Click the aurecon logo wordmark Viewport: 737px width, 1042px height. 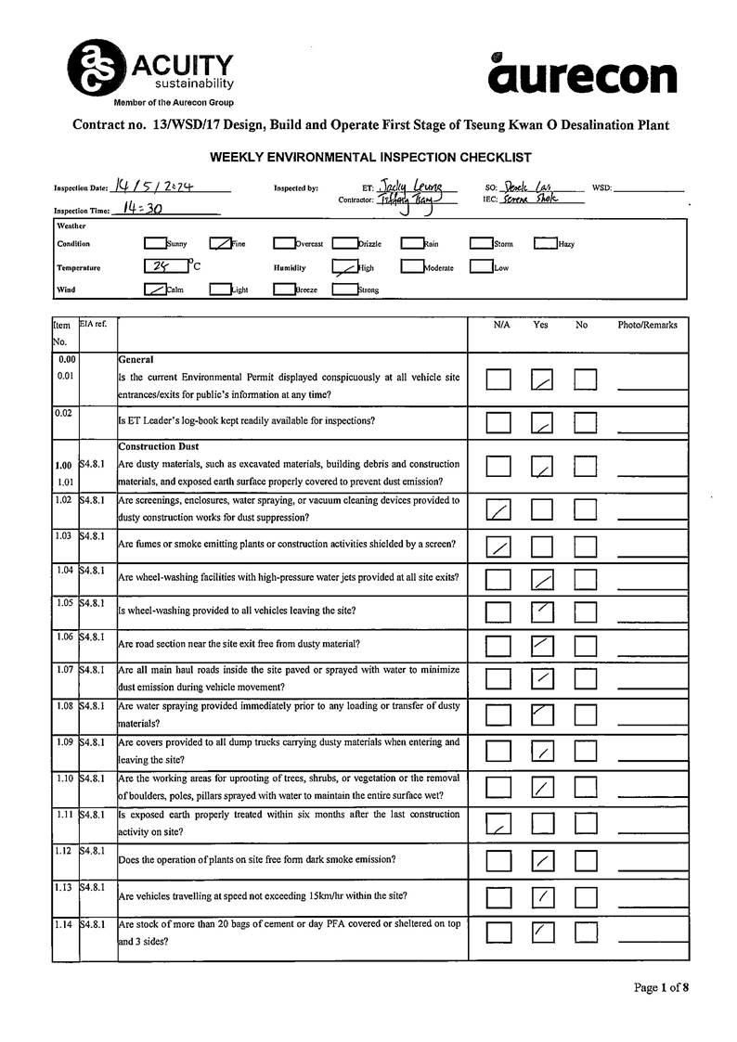(x=583, y=75)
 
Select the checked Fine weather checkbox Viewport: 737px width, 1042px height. (x=220, y=244)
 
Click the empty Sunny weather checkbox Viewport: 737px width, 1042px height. (x=154, y=244)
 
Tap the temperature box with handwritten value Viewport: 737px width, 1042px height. (x=166, y=267)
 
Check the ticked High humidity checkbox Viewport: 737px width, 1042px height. (x=344, y=267)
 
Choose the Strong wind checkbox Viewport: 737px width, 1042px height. (x=344, y=289)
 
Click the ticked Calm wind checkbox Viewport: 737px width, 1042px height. (x=154, y=289)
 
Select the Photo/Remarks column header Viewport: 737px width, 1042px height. (x=647, y=326)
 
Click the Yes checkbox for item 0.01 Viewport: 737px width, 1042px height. (x=542, y=379)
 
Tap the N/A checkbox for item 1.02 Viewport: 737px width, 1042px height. (x=498, y=509)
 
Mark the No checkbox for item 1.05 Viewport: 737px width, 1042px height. (x=585, y=612)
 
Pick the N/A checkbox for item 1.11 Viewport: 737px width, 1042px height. (x=498, y=823)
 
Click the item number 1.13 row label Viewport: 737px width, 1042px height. (x=65, y=888)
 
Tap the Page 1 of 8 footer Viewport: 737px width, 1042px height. (x=661, y=987)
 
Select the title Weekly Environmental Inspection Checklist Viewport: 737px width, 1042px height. (x=369, y=158)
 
